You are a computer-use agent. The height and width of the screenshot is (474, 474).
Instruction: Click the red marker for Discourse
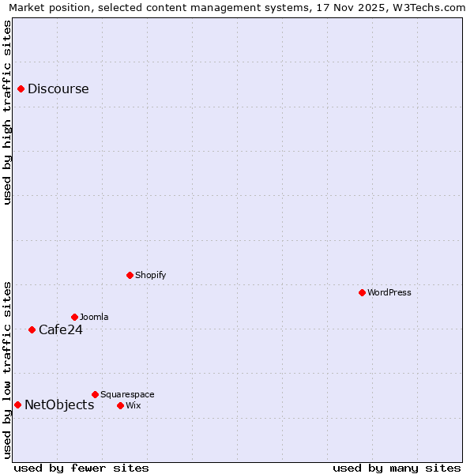(x=21, y=88)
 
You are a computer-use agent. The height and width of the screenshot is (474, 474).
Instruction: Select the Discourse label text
(x=58, y=88)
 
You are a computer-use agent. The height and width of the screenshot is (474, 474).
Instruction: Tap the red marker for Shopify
(x=130, y=275)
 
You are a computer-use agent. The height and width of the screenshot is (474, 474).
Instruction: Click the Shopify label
(x=150, y=275)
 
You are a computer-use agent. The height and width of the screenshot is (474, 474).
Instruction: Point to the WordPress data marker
(x=362, y=292)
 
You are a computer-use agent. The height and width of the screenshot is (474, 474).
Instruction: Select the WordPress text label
(x=389, y=292)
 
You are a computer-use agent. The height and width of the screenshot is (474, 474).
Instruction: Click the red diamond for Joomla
(x=74, y=317)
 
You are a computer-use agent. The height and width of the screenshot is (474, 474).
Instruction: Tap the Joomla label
(x=94, y=317)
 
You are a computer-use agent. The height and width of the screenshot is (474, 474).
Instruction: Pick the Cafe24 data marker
(x=32, y=329)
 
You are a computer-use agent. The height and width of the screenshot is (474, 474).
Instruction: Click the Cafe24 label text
(x=60, y=329)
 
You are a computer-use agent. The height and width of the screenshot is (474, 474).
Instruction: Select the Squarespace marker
(x=95, y=394)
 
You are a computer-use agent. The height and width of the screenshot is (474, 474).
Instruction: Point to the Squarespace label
(x=127, y=394)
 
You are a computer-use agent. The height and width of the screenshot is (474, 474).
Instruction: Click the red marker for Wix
(x=120, y=405)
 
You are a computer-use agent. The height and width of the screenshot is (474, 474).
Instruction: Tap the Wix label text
(x=133, y=405)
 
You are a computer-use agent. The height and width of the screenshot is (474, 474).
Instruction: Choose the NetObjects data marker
(x=17, y=404)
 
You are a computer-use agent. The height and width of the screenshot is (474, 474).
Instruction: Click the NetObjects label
(x=59, y=404)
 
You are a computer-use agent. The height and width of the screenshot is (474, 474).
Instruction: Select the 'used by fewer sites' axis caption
(x=81, y=468)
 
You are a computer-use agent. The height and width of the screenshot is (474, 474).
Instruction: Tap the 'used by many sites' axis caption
(x=397, y=468)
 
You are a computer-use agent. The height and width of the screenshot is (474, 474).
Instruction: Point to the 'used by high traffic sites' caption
(x=7, y=112)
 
